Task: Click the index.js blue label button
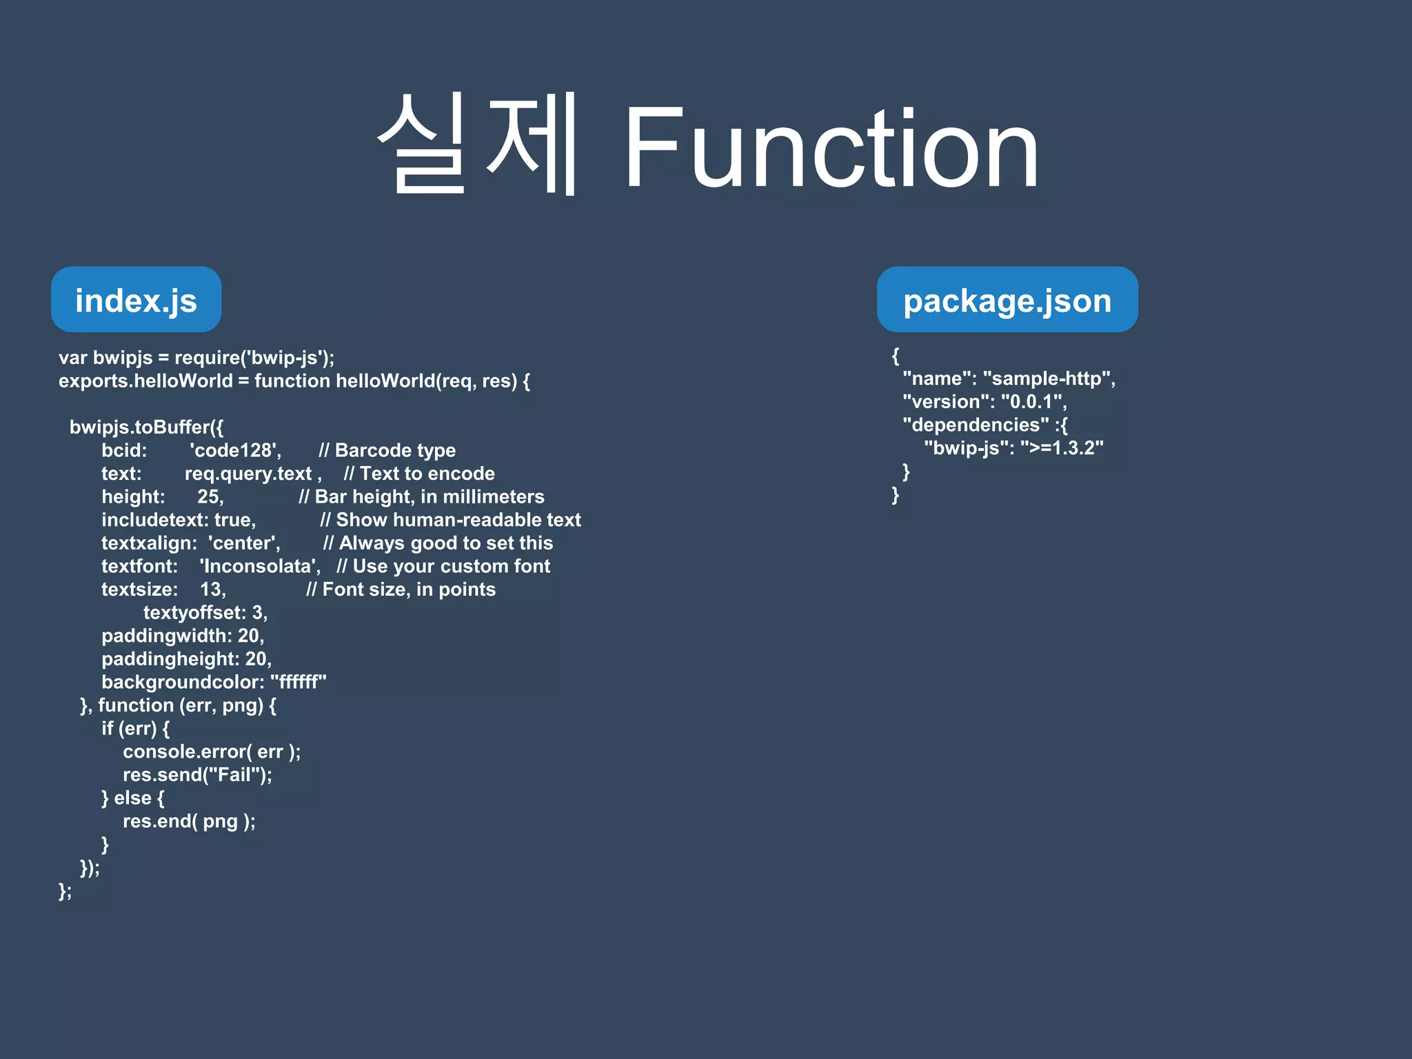tap(136, 300)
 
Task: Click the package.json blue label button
tap(1007, 300)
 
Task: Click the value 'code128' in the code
tap(235, 450)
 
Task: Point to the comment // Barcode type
tap(387, 450)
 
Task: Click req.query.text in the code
tap(248, 474)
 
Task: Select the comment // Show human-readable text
tap(450, 520)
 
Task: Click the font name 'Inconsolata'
tap(260, 566)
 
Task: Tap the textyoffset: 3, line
tap(205, 612)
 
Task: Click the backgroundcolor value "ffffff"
tap(299, 682)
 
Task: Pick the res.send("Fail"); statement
tap(197, 775)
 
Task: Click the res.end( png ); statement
tap(189, 821)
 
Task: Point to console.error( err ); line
tap(212, 752)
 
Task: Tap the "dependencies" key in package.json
tap(976, 425)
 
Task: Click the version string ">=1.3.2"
tap(1062, 448)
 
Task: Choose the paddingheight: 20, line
tap(186, 659)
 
